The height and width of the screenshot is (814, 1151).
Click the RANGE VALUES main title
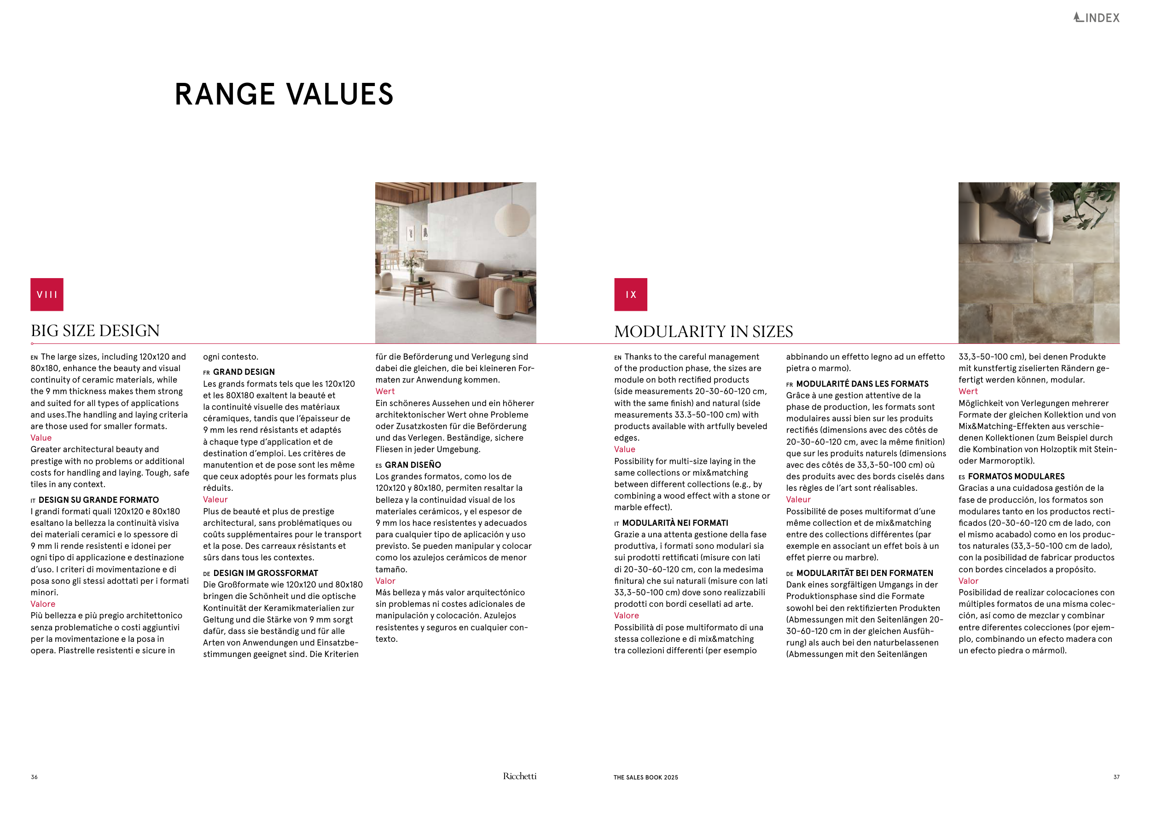284,94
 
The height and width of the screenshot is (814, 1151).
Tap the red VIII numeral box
47,294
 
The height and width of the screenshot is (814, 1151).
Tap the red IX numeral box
631,294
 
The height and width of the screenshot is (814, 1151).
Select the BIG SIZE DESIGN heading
95,331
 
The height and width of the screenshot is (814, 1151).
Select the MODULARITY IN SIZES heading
703,331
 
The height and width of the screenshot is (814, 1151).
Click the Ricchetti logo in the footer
519,776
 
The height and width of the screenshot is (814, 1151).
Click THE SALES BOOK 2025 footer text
645,778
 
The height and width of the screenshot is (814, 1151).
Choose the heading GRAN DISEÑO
413,465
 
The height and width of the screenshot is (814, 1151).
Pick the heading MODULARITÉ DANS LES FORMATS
862,384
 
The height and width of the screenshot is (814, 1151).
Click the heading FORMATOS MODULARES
1016,476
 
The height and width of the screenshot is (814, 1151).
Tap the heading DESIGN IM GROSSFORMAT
265,573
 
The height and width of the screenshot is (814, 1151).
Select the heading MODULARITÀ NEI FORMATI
675,523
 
